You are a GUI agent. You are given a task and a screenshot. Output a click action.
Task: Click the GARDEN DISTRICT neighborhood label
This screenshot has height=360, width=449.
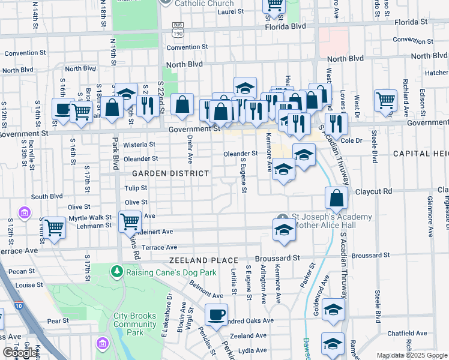[162, 173]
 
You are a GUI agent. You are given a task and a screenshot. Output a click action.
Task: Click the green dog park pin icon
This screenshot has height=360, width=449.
[117, 272]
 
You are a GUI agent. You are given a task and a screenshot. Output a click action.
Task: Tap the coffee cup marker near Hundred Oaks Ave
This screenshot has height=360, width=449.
[216, 314]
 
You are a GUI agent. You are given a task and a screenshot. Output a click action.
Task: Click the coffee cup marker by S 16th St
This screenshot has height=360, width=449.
[62, 109]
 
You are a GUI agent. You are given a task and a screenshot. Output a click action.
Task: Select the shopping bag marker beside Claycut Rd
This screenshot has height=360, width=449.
[336, 197]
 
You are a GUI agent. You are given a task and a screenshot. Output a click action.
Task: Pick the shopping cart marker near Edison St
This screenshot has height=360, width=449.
[385, 100]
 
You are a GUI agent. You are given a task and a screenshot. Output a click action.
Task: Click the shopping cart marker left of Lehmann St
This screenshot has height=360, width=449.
[55, 228]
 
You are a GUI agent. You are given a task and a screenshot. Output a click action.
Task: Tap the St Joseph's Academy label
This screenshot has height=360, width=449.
[331, 217]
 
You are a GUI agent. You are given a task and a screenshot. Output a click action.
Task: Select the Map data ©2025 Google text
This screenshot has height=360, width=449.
[412, 355]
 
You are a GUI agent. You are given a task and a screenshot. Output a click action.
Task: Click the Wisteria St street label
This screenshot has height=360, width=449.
[139, 145]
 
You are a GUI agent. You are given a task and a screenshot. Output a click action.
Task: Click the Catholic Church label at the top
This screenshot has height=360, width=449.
[204, 3]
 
